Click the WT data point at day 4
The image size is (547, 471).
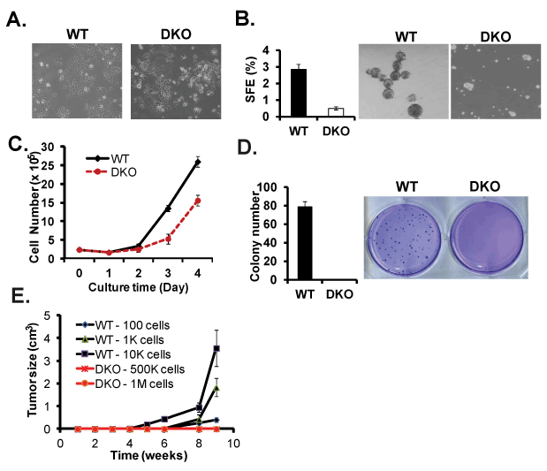[x=196, y=163]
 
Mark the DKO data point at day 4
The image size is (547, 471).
[x=196, y=201]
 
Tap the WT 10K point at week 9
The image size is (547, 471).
[x=217, y=349]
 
